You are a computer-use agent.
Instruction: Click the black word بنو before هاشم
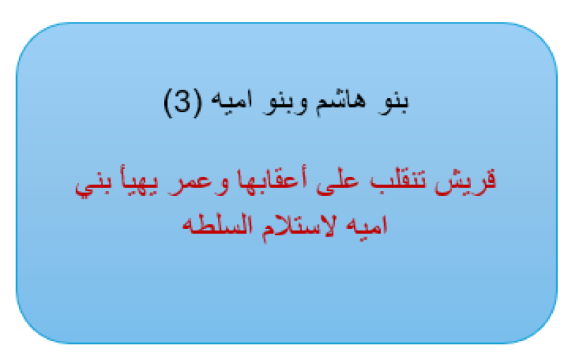[393, 103]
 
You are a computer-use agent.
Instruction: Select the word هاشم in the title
[341, 103]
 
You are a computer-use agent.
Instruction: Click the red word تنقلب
[398, 181]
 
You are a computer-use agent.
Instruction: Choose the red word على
[338, 184]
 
